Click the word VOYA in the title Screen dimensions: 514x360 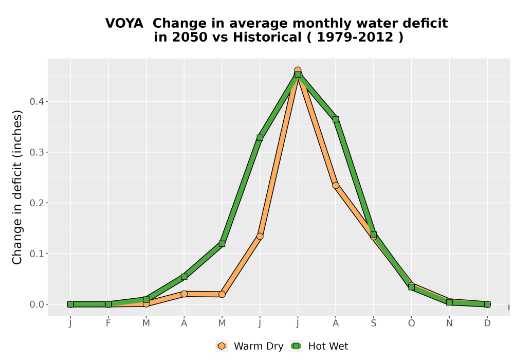point(124,23)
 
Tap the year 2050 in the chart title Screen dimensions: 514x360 point(190,37)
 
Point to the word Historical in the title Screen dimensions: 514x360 point(267,37)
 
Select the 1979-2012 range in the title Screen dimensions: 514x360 point(355,37)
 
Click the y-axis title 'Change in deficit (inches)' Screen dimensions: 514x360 point(17,187)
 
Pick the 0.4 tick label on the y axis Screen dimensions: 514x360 point(36,101)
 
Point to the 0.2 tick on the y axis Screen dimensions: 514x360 point(36,203)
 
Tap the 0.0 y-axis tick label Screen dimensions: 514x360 point(36,304)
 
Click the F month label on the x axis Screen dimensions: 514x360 point(108,323)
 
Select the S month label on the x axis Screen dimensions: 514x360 point(373,323)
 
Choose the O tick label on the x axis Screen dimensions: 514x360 point(411,323)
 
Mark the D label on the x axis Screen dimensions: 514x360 point(487,323)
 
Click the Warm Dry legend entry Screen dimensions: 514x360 point(249,346)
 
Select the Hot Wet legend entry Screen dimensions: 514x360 point(319,346)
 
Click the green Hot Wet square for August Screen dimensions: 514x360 point(336,119)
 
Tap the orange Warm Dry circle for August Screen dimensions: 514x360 point(336,186)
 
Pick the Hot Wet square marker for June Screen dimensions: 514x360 point(260,138)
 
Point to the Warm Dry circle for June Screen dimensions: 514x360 point(260,237)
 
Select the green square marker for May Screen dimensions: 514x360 point(222,244)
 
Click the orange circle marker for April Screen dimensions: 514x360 point(184,294)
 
